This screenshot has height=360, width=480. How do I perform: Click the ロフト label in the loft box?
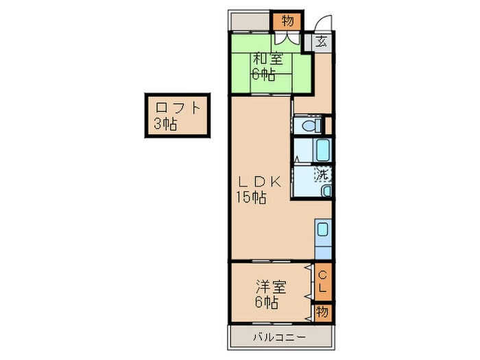(x=178, y=108)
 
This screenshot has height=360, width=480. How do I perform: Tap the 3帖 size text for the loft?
(x=165, y=124)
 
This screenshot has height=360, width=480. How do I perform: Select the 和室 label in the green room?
(x=268, y=59)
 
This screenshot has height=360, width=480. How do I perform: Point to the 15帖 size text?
(x=252, y=198)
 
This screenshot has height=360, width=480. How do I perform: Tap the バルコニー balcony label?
(x=278, y=337)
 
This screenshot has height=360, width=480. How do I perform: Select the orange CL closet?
(x=323, y=281)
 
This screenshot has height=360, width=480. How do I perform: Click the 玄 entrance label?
(x=321, y=40)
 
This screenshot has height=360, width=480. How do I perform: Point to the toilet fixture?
(x=310, y=126)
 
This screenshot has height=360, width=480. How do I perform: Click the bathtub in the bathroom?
(x=322, y=149)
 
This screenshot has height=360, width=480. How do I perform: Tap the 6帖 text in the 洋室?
(x=267, y=301)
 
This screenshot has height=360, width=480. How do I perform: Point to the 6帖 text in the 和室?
(x=263, y=75)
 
